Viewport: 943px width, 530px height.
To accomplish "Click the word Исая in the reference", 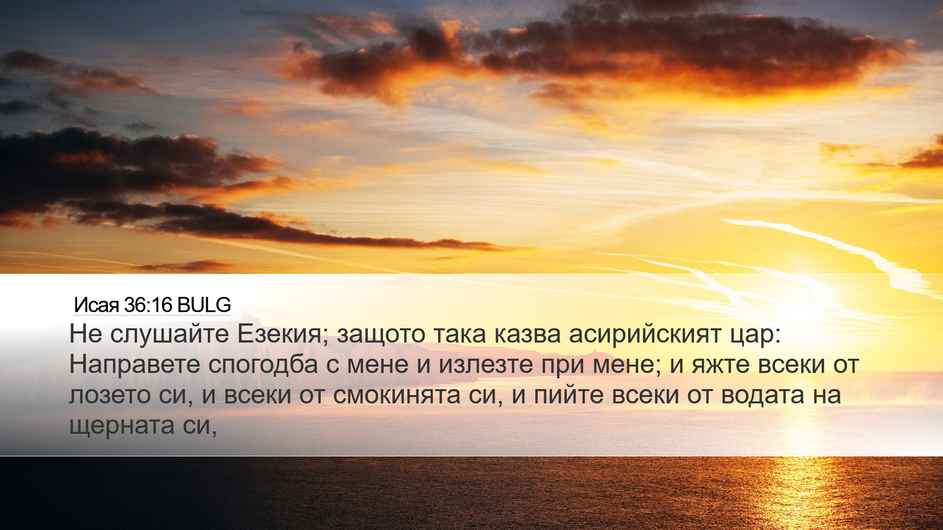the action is tap(96, 305).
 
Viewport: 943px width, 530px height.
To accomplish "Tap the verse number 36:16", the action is tap(148, 305).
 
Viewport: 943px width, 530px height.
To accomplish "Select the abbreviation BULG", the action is tap(204, 305).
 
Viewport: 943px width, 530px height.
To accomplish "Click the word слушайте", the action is tap(169, 335).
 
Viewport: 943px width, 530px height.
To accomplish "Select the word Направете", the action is tap(135, 365).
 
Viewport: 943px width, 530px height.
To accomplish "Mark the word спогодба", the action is tap(263, 365).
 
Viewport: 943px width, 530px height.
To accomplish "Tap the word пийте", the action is tap(569, 396).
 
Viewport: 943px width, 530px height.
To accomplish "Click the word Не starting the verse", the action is tap(85, 335).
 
